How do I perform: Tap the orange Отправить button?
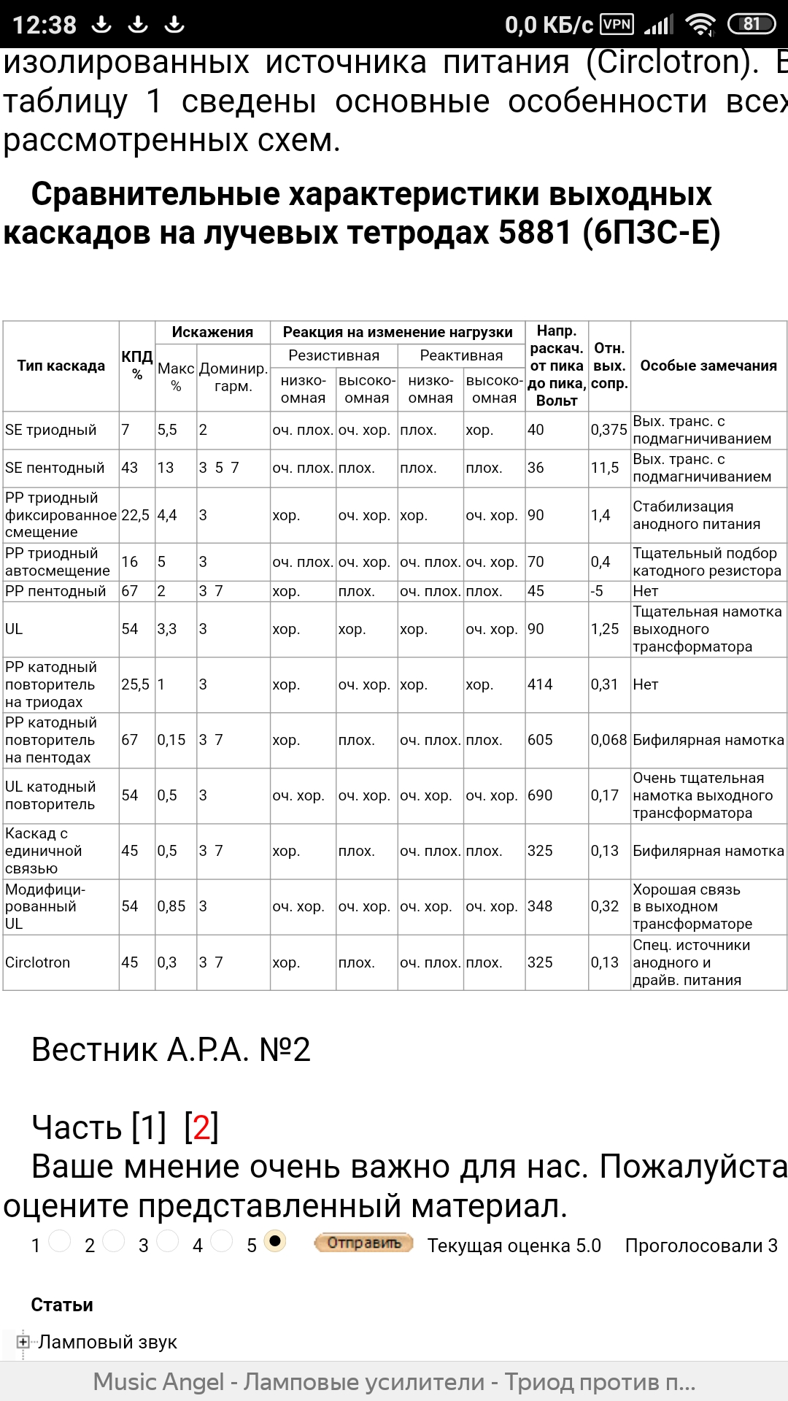[363, 1243]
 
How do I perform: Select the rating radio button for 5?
[275, 1240]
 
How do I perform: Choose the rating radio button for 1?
[60, 1240]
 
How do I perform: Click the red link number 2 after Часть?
[201, 1127]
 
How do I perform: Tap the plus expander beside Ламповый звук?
[23, 1342]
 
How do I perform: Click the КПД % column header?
[137, 365]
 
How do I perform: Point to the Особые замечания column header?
[708, 366]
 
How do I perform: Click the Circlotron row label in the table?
[38, 962]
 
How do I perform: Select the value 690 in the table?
[540, 795]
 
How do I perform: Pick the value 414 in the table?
[540, 684]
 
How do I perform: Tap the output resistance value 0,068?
[609, 740]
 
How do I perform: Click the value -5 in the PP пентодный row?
[597, 591]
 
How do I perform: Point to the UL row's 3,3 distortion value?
[167, 629]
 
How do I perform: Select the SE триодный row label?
[51, 430]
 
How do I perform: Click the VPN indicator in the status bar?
[617, 24]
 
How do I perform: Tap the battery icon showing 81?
[752, 24]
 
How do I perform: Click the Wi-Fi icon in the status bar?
[701, 25]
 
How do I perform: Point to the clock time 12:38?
[45, 25]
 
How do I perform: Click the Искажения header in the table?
[212, 332]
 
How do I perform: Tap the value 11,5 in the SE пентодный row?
[605, 468]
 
